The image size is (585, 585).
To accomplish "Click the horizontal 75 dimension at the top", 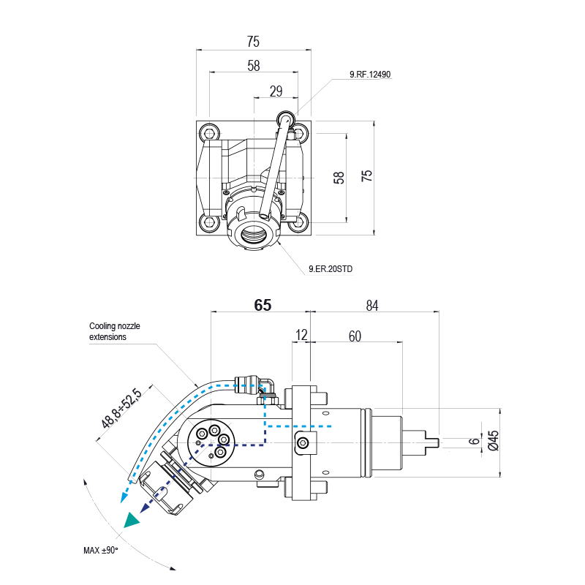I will click(253, 42).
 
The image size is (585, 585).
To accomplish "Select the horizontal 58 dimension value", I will click(253, 66).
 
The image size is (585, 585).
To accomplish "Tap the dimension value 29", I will click(276, 91).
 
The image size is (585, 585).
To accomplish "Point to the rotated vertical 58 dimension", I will click(339, 178).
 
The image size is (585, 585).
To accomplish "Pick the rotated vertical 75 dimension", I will click(367, 176).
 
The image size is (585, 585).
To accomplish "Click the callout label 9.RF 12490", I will click(370, 75).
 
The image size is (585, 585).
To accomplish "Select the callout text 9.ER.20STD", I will click(331, 269).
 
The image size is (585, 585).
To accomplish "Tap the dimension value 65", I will click(263, 306).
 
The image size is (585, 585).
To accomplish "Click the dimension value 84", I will click(371, 306).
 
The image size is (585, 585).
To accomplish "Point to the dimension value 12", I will click(301, 336).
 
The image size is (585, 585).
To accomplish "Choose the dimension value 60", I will click(355, 336).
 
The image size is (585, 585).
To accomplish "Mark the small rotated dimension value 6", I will click(473, 442).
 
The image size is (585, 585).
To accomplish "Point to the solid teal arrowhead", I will click(132, 520).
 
